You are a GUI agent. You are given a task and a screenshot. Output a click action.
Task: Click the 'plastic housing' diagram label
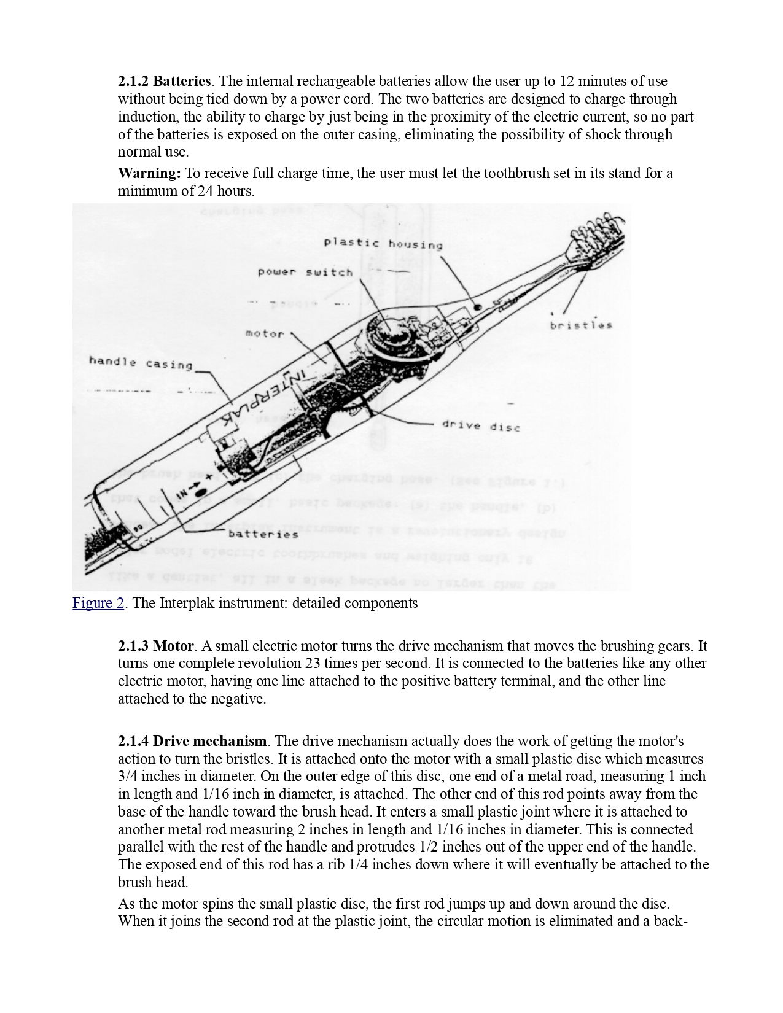pyautogui.click(x=383, y=244)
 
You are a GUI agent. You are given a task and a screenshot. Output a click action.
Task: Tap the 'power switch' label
pyautogui.click(x=305, y=271)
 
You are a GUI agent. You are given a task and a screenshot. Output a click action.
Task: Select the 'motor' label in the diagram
pyautogui.click(x=265, y=334)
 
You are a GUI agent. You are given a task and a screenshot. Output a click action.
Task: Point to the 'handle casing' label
pyautogui.click(x=141, y=363)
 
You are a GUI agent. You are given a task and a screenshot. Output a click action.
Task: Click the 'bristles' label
pyautogui.click(x=581, y=325)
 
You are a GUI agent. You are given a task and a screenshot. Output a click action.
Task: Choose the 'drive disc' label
pyautogui.click(x=480, y=425)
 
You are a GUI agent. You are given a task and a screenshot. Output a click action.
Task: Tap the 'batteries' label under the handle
pyautogui.click(x=263, y=534)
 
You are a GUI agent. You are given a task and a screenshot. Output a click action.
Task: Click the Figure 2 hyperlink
pyautogui.click(x=98, y=603)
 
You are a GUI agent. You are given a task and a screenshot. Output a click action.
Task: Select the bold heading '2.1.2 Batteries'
pyautogui.click(x=165, y=81)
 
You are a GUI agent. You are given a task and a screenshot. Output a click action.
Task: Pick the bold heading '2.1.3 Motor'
pyautogui.click(x=156, y=646)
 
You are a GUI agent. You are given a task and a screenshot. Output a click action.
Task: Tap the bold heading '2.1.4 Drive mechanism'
pyautogui.click(x=192, y=741)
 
